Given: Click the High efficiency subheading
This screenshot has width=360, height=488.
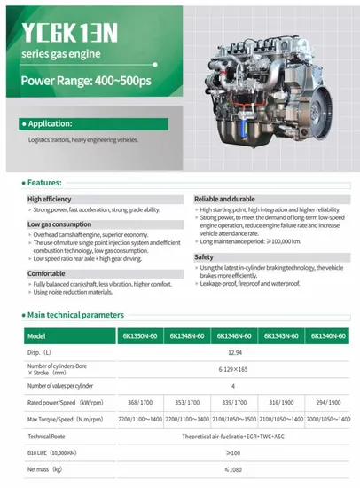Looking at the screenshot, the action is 49,199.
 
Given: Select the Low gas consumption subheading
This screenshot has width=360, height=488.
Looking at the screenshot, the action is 59,224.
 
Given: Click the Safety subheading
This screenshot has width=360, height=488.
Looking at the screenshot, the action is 204,256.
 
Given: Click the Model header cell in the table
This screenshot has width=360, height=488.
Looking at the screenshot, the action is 36,336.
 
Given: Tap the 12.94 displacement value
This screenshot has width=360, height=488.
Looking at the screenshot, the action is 229,352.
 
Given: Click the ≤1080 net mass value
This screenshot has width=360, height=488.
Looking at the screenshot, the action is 229,470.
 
